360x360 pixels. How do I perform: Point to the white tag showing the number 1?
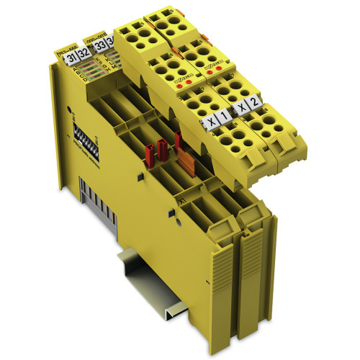click(224, 115)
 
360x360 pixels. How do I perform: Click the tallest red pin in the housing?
click(177, 140)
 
